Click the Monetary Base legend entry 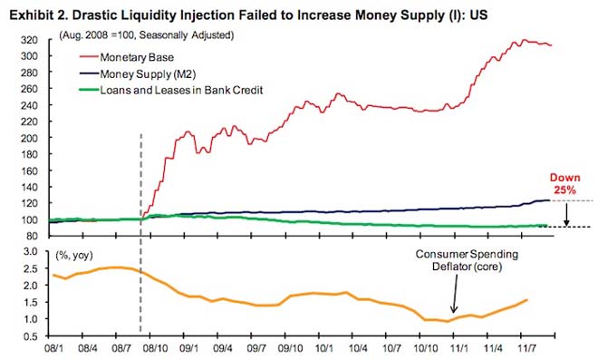(x=127, y=57)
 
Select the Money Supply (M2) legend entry (x=138, y=73)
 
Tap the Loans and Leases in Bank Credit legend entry (x=171, y=90)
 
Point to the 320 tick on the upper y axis (x=29, y=40)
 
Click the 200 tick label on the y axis (x=29, y=138)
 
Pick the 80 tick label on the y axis (x=32, y=236)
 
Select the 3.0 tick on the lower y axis (x=31, y=251)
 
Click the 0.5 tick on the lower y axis (x=31, y=336)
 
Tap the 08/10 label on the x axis (x=155, y=348)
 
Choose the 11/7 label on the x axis (x=526, y=348)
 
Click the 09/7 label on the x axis (x=256, y=348)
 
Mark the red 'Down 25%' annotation (x=564, y=183)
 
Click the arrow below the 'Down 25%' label (x=566, y=215)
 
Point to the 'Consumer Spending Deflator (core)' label (x=467, y=260)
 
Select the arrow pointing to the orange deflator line (x=455, y=294)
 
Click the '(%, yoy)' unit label (x=74, y=256)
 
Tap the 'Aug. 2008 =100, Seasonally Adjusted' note (x=147, y=35)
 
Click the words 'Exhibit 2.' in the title (x=38, y=15)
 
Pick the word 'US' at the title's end (x=478, y=15)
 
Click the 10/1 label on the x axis (x=323, y=348)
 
